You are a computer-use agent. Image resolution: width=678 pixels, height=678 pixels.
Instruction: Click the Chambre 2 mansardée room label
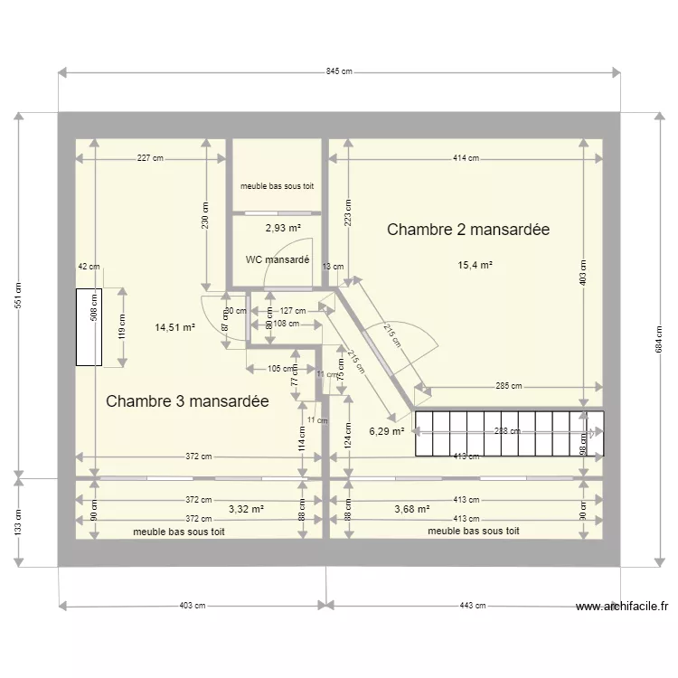[468, 230]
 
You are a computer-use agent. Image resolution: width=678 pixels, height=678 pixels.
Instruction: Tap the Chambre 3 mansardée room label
[187, 401]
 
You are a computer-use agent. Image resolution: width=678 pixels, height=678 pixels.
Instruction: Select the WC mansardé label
[278, 260]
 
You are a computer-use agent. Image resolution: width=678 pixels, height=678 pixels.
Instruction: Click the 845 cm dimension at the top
[338, 71]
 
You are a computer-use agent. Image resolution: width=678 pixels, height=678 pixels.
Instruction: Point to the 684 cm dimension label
[659, 339]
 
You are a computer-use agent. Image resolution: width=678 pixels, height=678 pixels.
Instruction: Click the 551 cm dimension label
[18, 295]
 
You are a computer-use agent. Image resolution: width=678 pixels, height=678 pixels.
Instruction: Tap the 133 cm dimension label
[18, 521]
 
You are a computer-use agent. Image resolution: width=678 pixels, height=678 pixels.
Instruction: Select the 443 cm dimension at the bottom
[473, 606]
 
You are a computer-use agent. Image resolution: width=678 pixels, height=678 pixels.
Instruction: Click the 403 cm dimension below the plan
[192, 606]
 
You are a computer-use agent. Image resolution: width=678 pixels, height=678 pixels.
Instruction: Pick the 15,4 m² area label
[475, 266]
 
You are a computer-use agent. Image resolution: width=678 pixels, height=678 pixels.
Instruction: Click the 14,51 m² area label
[174, 328]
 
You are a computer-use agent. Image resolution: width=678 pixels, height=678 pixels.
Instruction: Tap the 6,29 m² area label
[386, 432]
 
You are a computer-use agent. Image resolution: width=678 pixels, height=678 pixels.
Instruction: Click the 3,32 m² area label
[246, 510]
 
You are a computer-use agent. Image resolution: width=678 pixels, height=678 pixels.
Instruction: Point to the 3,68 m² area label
[411, 510]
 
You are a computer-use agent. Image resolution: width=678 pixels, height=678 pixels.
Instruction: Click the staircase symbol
[507, 433]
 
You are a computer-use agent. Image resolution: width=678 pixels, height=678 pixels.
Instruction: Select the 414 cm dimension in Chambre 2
[466, 158]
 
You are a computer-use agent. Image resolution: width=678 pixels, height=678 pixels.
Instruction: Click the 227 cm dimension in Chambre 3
[150, 158]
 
